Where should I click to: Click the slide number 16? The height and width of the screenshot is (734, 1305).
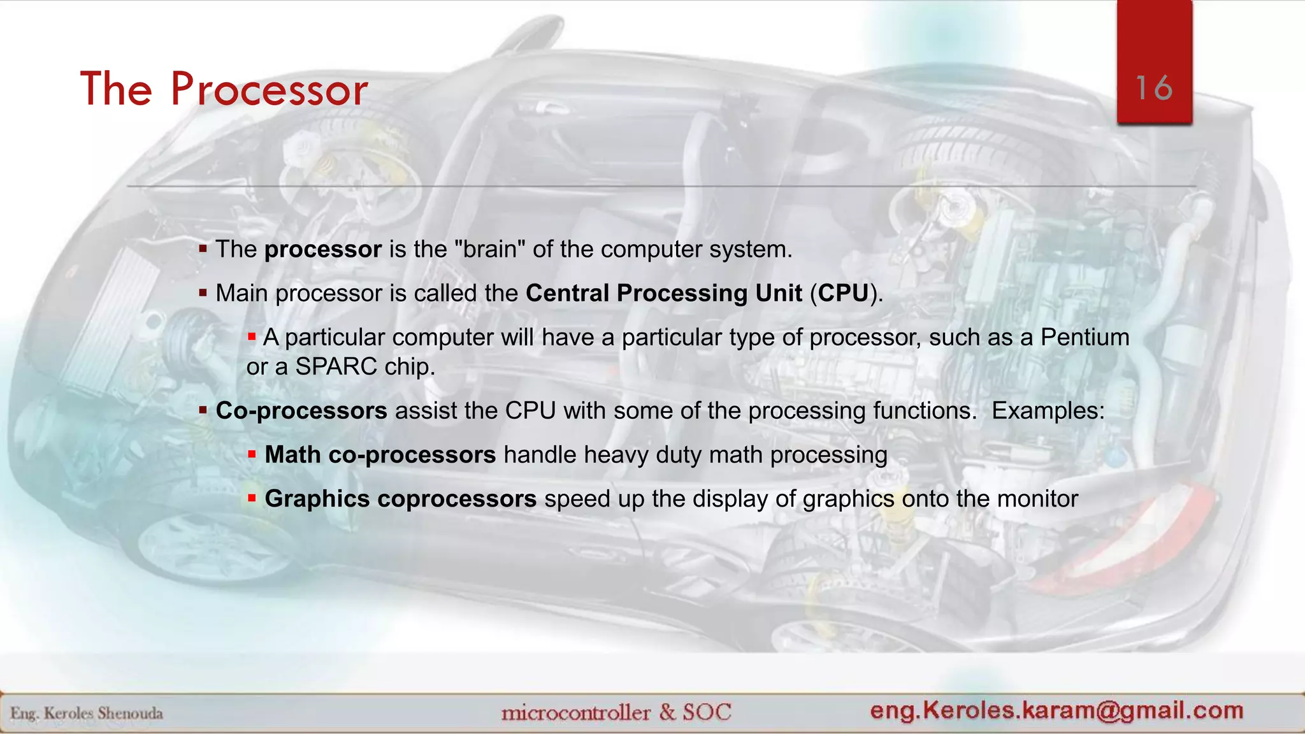1153,88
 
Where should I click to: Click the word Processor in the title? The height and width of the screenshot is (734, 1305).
269,89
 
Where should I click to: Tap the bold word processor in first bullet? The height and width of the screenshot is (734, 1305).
322,249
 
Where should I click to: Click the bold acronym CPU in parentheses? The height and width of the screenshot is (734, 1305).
843,293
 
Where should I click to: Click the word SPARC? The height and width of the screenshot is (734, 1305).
336,367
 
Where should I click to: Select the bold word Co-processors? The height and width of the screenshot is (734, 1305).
301,411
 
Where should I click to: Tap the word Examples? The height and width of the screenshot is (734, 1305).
1048,411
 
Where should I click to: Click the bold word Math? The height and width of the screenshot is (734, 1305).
292,455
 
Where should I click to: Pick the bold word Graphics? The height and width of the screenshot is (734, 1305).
317,499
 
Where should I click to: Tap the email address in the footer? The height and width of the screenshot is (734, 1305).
1056,710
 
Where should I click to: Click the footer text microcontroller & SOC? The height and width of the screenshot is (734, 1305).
616,712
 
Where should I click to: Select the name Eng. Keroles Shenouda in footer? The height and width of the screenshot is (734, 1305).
87,714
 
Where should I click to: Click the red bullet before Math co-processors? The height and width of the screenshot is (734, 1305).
252,454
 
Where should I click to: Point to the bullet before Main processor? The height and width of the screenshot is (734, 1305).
203,293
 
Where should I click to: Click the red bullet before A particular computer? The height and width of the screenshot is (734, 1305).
252,336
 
